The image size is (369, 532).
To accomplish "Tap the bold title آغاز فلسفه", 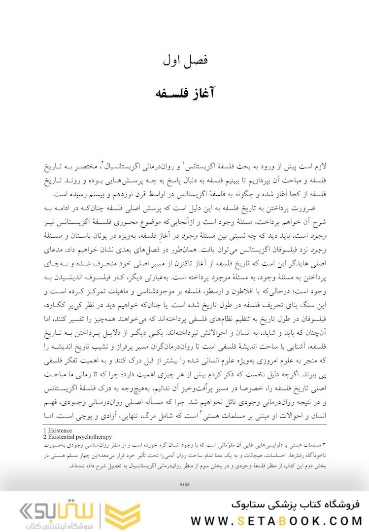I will pos(185,93).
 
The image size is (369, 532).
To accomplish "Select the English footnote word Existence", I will pos(60,430).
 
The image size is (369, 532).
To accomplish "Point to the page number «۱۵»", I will pos(185,487).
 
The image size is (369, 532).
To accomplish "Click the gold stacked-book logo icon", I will pos(116,515).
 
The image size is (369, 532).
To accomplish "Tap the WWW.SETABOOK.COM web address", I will pos(276,521).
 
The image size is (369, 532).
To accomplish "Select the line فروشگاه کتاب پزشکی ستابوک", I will pos(296,504).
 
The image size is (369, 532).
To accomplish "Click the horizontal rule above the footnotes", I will pos(185,426).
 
